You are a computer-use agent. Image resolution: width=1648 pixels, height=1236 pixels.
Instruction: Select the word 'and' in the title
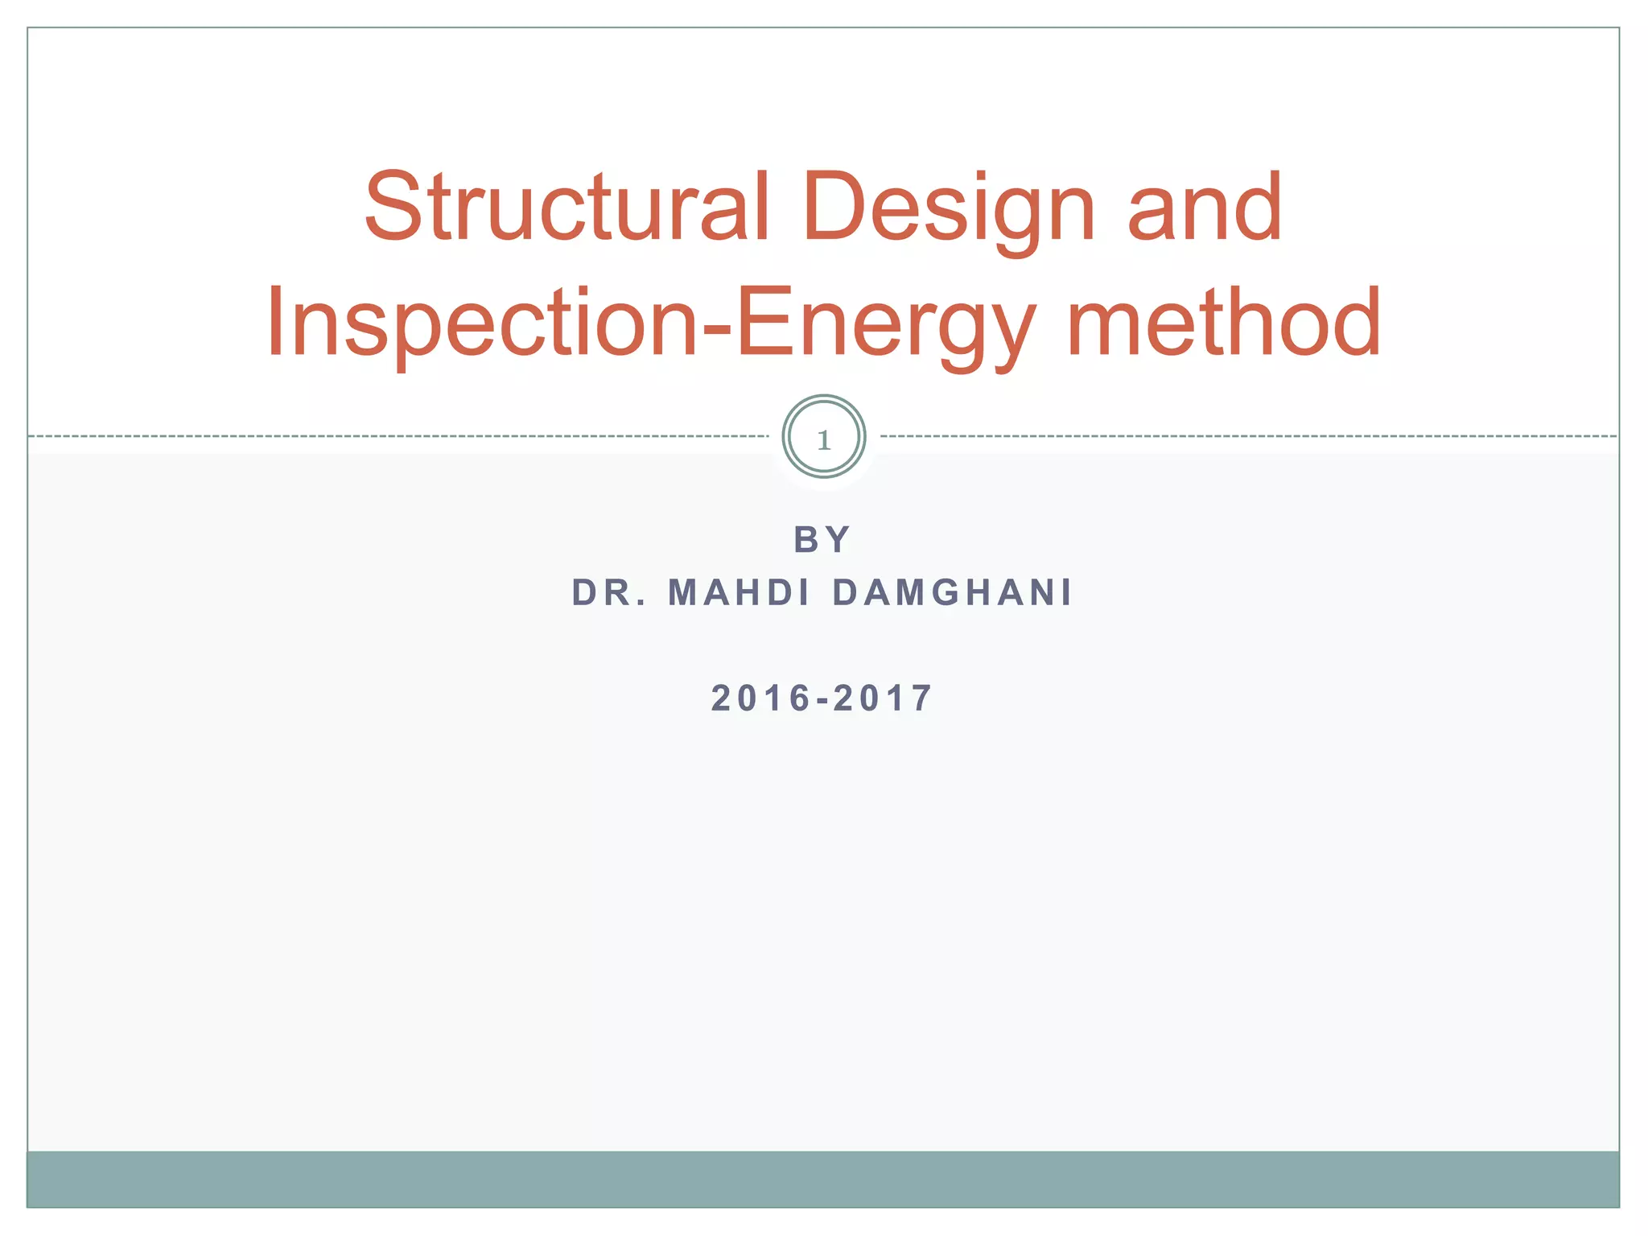1204,207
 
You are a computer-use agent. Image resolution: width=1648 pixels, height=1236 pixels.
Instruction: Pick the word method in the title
1223,323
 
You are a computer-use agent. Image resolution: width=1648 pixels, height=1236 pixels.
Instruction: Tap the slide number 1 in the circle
823,439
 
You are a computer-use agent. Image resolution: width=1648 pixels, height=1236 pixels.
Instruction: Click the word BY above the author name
822,539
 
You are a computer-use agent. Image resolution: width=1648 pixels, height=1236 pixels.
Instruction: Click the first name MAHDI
739,593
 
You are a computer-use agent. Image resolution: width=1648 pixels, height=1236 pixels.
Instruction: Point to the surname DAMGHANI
952,593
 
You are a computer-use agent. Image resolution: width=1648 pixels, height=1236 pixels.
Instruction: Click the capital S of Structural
393,207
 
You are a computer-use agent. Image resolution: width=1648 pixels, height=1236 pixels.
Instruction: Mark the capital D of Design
831,207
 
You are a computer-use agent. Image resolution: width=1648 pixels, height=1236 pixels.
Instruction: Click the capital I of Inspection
276,323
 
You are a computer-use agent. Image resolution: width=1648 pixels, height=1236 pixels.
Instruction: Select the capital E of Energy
761,323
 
